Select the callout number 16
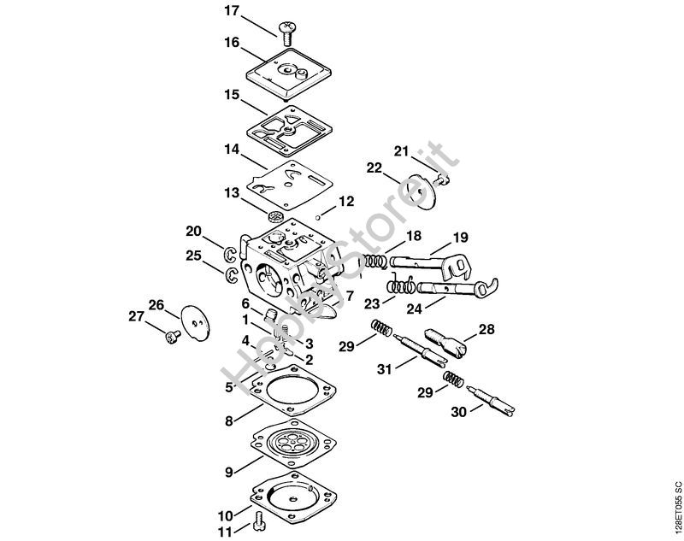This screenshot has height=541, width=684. (231, 42)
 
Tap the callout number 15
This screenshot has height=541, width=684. (231, 95)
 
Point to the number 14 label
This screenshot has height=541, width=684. (231, 149)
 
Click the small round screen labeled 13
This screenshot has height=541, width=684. (276, 215)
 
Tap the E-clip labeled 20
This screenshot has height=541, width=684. (231, 253)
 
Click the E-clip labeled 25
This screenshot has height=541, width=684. (231, 274)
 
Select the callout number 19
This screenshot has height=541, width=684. (461, 237)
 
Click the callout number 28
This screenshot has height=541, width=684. (486, 329)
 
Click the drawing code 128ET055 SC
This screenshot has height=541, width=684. (676, 505)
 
